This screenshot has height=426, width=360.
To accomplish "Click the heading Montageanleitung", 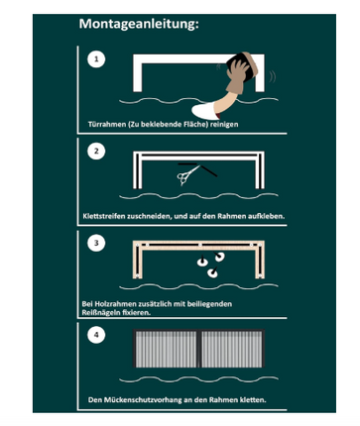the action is point(139,24).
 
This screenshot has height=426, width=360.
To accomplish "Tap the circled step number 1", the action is point(96,59).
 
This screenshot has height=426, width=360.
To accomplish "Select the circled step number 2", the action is point(96,152).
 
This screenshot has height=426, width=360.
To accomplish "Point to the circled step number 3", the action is point(96,243).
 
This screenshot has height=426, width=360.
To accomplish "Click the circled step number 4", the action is point(96,335).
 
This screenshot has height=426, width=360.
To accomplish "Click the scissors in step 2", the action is point(188,175).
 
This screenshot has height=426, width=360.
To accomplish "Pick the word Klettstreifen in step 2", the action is point(104,216).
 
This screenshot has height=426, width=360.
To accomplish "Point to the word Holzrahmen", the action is point(113,304).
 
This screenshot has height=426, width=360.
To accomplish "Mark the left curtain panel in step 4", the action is point(166,350).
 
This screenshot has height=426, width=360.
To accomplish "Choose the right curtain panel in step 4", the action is point(232,350).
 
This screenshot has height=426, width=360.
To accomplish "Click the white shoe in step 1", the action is point(205,112).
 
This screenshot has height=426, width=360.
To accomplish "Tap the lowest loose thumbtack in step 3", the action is point(212,272).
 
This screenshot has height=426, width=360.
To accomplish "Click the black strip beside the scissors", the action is point(209,170).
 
